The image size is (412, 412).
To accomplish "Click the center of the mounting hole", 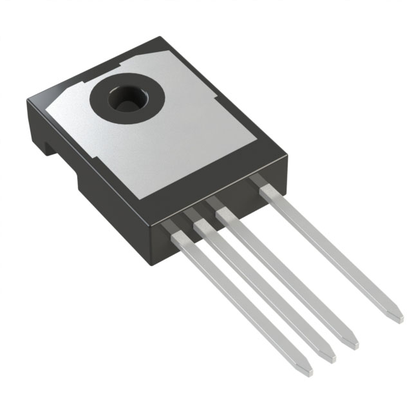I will click(x=127, y=98).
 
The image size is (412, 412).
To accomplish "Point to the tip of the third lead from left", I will click(x=353, y=342).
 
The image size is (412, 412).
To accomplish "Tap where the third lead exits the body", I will click(x=224, y=211).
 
